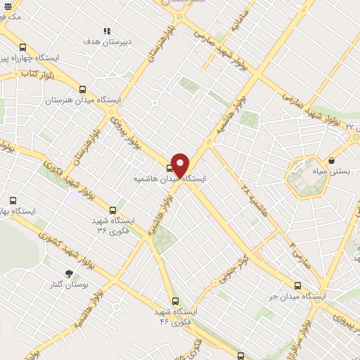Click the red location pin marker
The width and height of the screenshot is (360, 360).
point(180,164)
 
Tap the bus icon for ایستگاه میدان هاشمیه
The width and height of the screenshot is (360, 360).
point(169,168)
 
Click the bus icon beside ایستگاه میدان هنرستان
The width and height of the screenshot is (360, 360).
point(83,89)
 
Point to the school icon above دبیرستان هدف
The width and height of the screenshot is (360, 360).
point(107,31)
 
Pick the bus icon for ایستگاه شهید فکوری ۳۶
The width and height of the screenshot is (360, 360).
point(112,210)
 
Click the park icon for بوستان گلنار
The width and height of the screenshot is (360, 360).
point(69,273)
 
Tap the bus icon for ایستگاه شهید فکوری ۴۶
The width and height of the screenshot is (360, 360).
point(175,300)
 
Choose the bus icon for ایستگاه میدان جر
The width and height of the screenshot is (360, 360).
point(297,285)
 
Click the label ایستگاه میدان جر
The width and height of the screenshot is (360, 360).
point(297,297)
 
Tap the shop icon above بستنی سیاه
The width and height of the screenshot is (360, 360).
point(331,160)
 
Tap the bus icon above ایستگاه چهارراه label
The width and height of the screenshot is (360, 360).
point(22,47)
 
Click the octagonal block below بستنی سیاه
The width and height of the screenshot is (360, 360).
point(307,177)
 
